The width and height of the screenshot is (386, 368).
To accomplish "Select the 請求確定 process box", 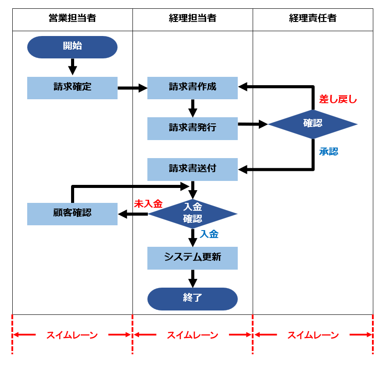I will point(72,88).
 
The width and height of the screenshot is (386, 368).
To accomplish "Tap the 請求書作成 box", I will point(193,88).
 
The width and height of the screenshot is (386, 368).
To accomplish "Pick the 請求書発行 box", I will point(193,128).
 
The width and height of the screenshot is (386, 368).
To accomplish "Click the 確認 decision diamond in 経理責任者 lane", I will point(313,124).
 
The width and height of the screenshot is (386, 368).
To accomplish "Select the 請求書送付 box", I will point(193,169).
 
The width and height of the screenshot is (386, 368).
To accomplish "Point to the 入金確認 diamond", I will point(193,213).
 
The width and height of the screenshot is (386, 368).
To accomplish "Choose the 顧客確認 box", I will point(72,214).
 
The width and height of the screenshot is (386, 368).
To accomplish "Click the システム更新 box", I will point(193,258).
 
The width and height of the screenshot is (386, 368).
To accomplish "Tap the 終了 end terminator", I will point(193,299).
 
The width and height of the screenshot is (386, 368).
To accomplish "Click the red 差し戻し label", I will point(338,100).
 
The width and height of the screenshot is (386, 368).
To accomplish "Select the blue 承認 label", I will point(329,152).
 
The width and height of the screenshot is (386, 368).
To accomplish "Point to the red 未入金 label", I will point(148,204).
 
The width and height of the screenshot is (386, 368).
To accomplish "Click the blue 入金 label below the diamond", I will point(209,235).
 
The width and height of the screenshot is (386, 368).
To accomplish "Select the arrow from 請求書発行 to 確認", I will point(253,124).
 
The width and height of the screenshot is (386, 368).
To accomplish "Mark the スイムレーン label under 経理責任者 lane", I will point(313,336).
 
